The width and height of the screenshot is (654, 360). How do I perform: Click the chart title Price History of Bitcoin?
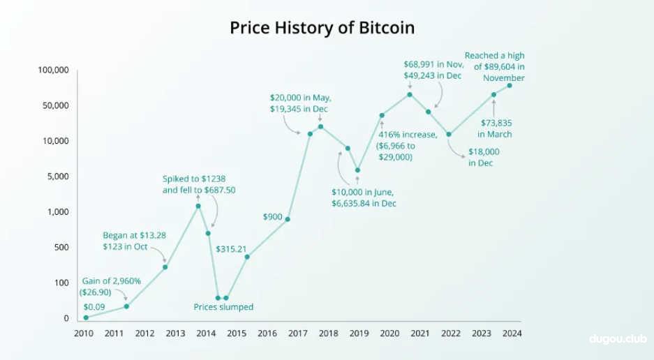(322, 28)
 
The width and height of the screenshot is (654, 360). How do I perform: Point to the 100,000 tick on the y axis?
(53, 70)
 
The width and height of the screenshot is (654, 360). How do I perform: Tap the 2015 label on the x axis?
(237, 333)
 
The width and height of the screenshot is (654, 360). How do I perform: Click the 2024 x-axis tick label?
(512, 333)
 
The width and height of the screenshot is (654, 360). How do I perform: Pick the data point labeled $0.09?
(86, 317)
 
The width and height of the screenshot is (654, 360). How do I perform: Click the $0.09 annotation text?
(94, 306)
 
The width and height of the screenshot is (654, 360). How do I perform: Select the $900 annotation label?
(272, 216)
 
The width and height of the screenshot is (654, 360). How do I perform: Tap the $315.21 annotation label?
(232, 248)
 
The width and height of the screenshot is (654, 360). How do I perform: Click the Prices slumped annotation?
(223, 307)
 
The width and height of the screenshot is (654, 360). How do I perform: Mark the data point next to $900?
(288, 219)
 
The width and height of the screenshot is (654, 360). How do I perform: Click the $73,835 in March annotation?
(496, 128)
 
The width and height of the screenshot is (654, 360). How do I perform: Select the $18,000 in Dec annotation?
(480, 157)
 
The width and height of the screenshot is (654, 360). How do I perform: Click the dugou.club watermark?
(618, 340)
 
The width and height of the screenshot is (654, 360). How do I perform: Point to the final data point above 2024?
(510, 85)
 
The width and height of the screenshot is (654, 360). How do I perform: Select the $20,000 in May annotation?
(300, 103)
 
